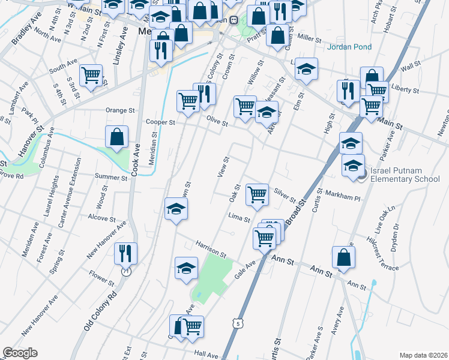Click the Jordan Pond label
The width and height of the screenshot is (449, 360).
(x=349, y=47)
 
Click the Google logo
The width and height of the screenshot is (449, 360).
(x=20, y=353)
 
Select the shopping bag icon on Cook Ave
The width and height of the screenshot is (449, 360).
(x=116, y=137)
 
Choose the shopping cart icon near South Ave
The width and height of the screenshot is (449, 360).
(x=90, y=76)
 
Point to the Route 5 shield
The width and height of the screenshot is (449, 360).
(x=239, y=323)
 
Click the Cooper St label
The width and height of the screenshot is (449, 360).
(x=160, y=122)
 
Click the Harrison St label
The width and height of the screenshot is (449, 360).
(x=209, y=250)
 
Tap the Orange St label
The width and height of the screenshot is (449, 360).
(x=120, y=110)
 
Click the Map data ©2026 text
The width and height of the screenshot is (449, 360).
(x=422, y=355)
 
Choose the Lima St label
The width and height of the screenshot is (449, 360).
(x=238, y=217)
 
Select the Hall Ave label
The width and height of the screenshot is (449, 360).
(x=205, y=354)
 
